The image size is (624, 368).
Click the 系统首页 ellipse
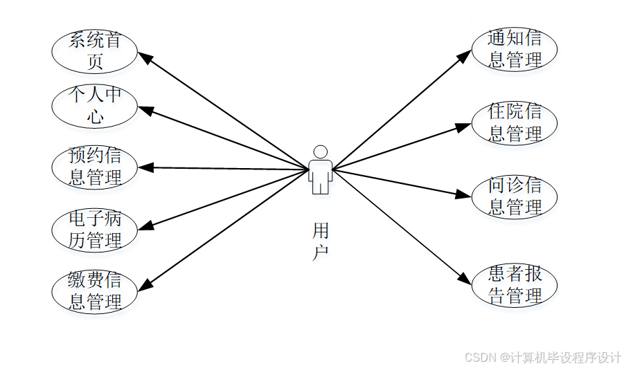(x=95, y=51)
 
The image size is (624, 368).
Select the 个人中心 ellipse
(x=95, y=106)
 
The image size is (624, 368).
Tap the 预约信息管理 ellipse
(x=95, y=167)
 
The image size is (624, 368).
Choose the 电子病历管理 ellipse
(x=95, y=230)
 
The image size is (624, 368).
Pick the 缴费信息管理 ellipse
(x=95, y=291)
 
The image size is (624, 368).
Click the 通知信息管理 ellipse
(x=515, y=48)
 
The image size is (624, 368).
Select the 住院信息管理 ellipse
(x=515, y=122)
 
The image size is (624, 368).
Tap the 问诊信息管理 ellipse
(x=515, y=196)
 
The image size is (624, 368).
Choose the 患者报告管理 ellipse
(x=515, y=285)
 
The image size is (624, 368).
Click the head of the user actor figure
(x=319, y=151)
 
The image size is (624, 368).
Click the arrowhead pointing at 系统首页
(x=145, y=58)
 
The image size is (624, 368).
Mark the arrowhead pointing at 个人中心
(x=144, y=109)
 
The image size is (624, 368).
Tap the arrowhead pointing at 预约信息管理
(x=144, y=167)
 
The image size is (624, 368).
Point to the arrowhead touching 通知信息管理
(x=466, y=55)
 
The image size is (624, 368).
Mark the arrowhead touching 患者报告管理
(x=466, y=278)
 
